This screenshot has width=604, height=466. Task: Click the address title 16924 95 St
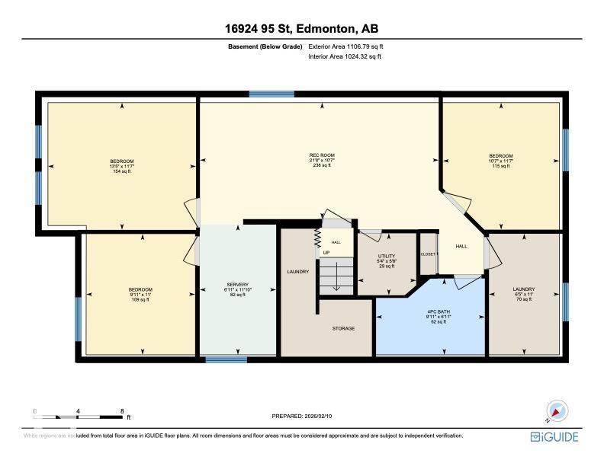click(301, 29)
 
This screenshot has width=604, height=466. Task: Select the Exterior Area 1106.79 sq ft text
click(344, 47)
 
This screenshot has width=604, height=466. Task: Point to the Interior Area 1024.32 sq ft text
click(344, 56)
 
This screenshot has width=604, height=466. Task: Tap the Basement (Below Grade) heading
click(263, 47)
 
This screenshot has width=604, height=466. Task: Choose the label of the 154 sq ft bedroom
click(122, 161)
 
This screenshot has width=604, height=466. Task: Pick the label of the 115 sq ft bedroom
click(501, 156)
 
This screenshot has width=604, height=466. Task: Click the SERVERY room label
click(238, 285)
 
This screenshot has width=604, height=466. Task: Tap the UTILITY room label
click(387, 257)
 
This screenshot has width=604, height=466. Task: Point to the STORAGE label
click(343, 328)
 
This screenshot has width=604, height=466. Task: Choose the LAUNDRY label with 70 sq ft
click(524, 289)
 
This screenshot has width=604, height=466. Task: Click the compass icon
click(557, 412)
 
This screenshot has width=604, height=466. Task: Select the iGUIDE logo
click(554, 436)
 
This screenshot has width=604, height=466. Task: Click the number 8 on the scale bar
click(123, 411)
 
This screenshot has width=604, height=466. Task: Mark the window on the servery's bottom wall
click(226, 358)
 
